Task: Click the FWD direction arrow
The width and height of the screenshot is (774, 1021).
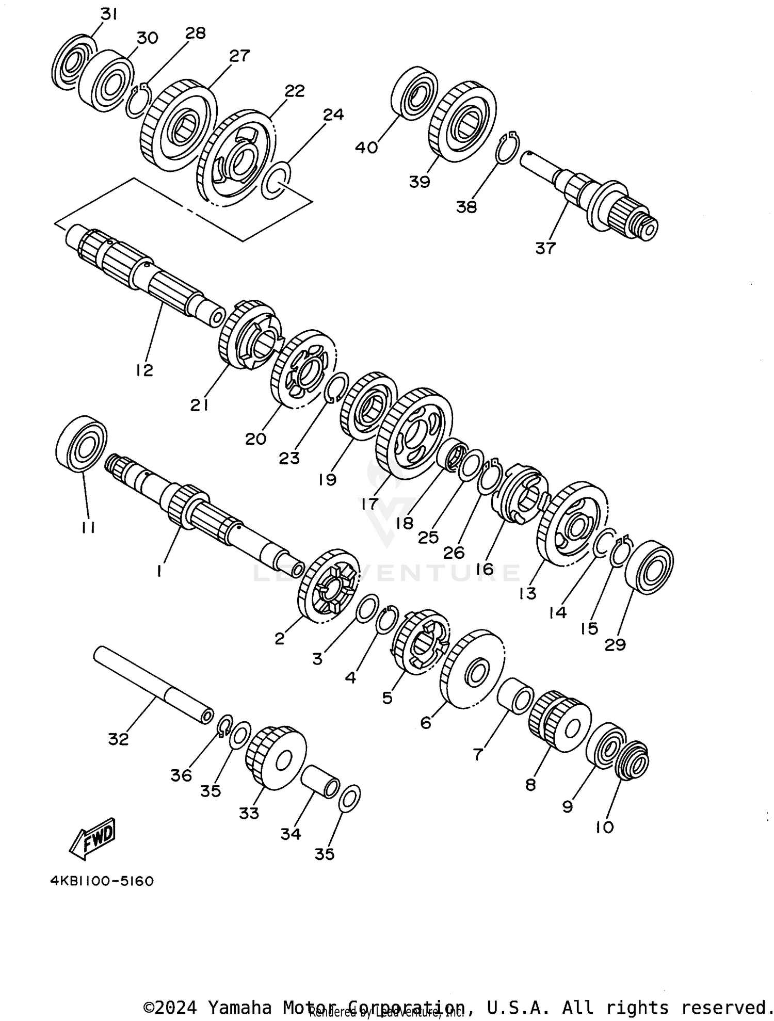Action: (93, 838)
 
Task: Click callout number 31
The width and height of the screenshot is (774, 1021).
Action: (109, 14)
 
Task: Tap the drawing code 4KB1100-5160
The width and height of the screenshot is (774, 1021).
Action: (102, 881)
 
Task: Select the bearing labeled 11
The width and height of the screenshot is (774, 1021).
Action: (81, 443)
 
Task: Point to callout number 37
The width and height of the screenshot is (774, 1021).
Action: (545, 248)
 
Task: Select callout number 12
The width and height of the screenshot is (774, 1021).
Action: (145, 370)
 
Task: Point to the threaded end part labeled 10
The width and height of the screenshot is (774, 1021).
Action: (633, 760)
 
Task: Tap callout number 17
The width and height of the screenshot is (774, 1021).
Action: (370, 504)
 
